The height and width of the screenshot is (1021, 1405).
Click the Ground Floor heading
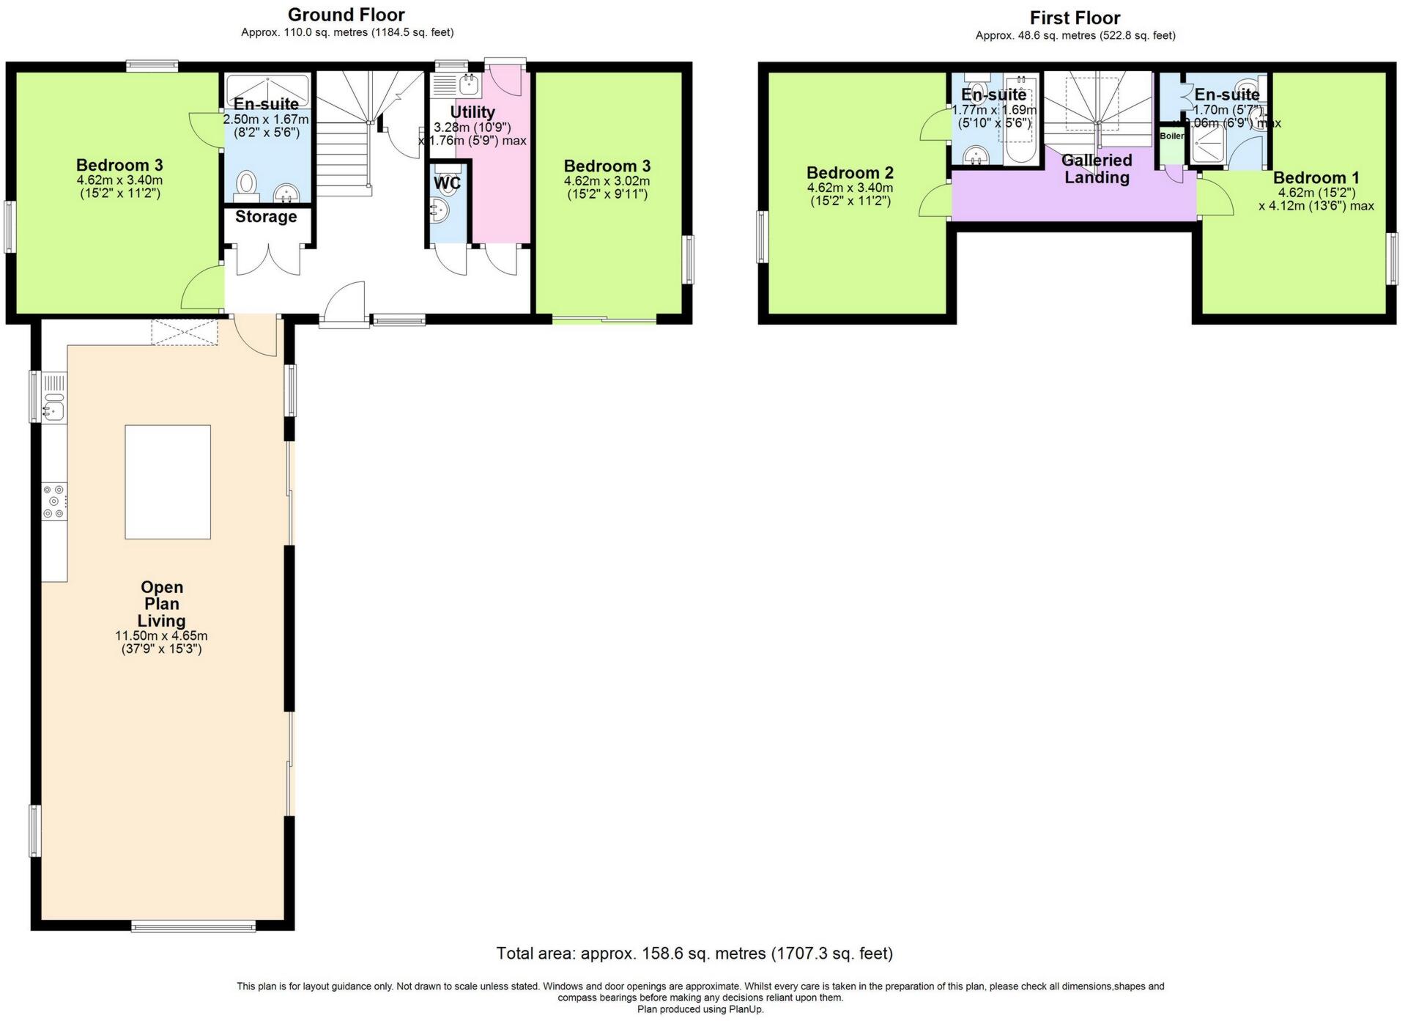coord(346,15)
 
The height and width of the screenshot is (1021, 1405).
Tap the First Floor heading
coord(1075,18)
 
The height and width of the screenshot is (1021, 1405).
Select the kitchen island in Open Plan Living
coord(168,482)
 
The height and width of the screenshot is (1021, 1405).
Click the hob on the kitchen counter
coord(54,502)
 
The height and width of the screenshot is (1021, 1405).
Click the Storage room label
coord(266,217)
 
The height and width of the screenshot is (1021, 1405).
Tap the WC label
coord(447,183)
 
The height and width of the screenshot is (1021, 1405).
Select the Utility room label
coord(472,112)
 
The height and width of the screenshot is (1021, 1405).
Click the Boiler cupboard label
coord(1171,136)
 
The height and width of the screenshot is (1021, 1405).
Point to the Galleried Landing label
coord(1097,169)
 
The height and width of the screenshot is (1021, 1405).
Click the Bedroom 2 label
coord(850,173)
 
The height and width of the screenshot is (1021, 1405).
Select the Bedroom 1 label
coord(1316,177)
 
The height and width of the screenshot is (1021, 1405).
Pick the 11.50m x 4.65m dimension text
coord(161,636)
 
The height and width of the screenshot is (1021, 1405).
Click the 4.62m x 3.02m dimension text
coord(607,181)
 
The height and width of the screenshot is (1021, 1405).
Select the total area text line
coord(694,954)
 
